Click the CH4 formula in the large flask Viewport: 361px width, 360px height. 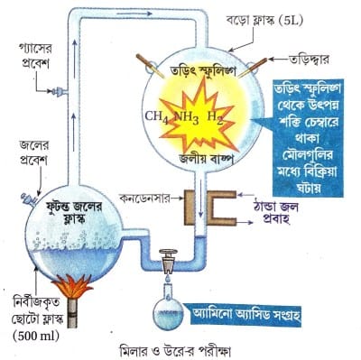tap(156, 117)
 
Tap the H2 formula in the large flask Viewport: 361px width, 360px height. tap(215, 117)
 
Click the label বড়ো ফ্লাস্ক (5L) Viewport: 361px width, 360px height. tap(264, 21)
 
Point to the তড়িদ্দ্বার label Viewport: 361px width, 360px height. tap(309, 59)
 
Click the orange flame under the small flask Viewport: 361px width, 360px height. tap(72, 285)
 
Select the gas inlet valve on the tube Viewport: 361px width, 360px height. tap(59, 90)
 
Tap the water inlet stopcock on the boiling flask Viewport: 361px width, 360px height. tap(29, 198)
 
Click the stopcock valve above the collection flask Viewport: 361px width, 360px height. tap(168, 261)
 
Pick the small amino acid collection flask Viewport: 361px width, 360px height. tap(168, 309)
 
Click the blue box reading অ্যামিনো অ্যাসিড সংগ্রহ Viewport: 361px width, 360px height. tap(245, 315)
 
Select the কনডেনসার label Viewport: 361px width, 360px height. tap(144, 198)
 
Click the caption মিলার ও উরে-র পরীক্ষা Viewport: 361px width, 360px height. tap(174, 351)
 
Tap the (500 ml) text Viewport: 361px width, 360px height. tap(36, 337)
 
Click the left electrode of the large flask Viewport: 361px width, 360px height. tap(150, 66)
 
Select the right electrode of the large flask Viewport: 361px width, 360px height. tap(254, 67)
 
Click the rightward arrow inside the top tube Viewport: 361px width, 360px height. tap(134, 14)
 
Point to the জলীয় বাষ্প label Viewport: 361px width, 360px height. tap(206, 160)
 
